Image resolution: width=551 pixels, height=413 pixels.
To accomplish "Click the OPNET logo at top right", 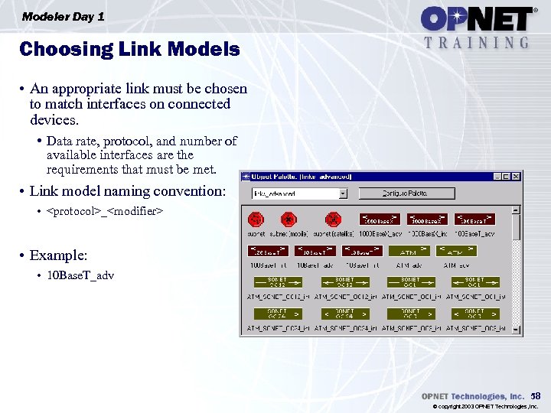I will point(476,18).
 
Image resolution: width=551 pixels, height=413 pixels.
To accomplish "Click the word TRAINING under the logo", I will point(476,43).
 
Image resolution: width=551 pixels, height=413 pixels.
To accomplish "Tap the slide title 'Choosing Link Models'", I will point(129,50).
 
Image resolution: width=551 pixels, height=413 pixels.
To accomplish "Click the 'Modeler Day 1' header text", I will point(64,16).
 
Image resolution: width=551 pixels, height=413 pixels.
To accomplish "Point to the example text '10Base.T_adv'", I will point(80,275).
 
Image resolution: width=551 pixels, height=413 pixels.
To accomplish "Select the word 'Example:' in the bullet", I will point(58,254).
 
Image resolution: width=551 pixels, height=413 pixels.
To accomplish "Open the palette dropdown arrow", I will point(343,194).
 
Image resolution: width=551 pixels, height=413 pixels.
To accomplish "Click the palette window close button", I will point(517,177).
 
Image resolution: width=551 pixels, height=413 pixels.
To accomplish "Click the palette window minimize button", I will point(497,177).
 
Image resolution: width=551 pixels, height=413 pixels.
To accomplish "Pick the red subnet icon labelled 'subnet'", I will point(256,220).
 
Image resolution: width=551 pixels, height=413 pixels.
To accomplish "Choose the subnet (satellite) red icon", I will point(332,220).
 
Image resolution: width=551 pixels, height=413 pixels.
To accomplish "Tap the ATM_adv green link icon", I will point(456,250).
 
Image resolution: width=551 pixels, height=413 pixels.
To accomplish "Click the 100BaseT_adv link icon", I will point(475,220).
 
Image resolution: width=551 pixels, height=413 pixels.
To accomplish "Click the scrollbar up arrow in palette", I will point(517,208).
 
